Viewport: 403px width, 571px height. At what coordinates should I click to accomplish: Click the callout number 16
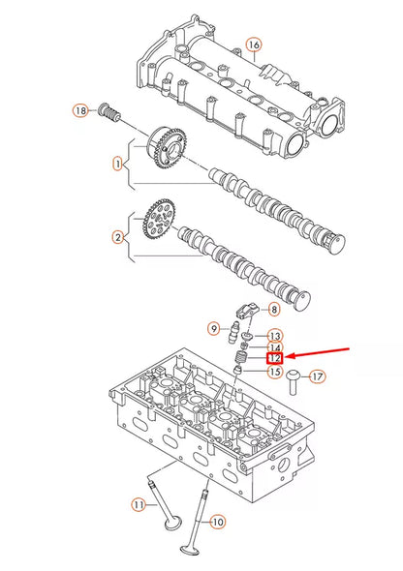click(x=254, y=45)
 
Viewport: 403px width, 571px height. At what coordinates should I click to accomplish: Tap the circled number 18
click(x=80, y=111)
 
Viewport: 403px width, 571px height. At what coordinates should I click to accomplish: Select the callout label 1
click(x=118, y=165)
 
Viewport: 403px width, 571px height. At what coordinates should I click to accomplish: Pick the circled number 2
click(x=118, y=236)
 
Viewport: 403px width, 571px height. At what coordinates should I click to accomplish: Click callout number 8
click(x=273, y=310)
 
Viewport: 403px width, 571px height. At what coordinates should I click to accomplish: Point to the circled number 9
click(x=214, y=329)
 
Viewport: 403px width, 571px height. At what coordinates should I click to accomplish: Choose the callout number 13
click(x=274, y=335)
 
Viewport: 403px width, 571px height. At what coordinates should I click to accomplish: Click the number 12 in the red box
click(x=274, y=359)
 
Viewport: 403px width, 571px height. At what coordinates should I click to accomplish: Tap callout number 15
click(x=274, y=372)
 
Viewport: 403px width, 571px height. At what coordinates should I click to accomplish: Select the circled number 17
click(x=318, y=376)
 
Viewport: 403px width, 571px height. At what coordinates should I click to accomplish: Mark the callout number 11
click(x=139, y=504)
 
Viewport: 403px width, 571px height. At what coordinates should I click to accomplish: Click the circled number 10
click(x=217, y=522)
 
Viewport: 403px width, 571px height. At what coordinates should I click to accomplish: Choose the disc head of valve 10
click(x=187, y=546)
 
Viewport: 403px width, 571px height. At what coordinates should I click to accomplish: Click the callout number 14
click(x=274, y=347)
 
